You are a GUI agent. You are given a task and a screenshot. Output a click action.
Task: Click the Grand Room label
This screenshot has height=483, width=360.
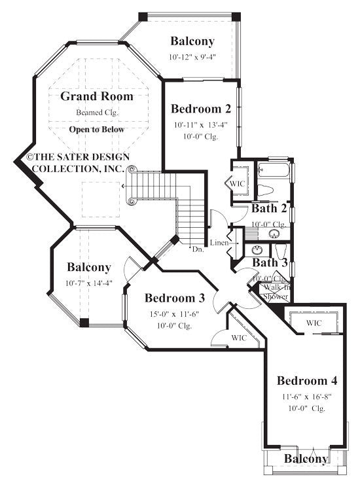[97, 96]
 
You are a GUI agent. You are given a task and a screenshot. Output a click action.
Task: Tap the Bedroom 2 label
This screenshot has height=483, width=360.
[200, 109]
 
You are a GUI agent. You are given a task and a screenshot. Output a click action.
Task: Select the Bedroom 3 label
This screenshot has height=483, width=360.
[175, 298]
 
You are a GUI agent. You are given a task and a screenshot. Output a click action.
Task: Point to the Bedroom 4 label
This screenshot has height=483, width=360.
[307, 381]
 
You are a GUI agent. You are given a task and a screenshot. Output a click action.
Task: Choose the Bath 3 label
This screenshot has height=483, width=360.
[270, 262]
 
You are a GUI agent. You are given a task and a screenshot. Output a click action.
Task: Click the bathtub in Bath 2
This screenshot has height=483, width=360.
[273, 171]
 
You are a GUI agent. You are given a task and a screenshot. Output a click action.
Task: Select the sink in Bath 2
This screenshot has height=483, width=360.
[274, 233]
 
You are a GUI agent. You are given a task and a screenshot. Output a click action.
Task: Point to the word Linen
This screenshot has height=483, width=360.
[219, 243]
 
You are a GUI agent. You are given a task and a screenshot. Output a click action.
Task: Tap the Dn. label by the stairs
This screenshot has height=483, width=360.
[197, 249]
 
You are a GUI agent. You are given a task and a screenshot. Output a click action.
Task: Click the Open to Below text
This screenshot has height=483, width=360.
[97, 130]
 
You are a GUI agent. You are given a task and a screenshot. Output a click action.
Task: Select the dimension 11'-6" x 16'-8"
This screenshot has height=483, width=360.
[306, 397]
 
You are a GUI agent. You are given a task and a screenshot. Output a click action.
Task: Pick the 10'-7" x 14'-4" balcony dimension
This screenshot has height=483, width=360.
[88, 283]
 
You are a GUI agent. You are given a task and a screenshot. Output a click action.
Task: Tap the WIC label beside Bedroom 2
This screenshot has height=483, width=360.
[238, 184]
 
